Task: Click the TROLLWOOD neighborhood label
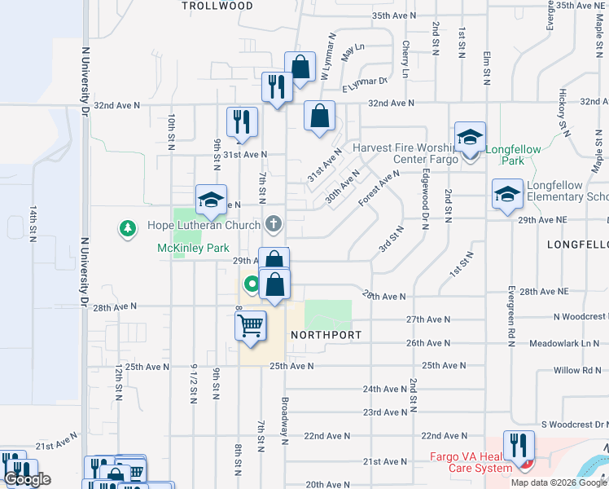click(x=217, y=6)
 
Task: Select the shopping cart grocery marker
click(x=250, y=324)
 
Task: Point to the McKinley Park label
click(x=193, y=248)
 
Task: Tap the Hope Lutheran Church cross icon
click(x=274, y=224)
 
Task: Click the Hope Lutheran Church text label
click(x=204, y=225)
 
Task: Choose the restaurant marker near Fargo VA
click(x=518, y=445)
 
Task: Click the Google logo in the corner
click(x=27, y=479)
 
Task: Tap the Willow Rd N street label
click(x=576, y=370)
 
